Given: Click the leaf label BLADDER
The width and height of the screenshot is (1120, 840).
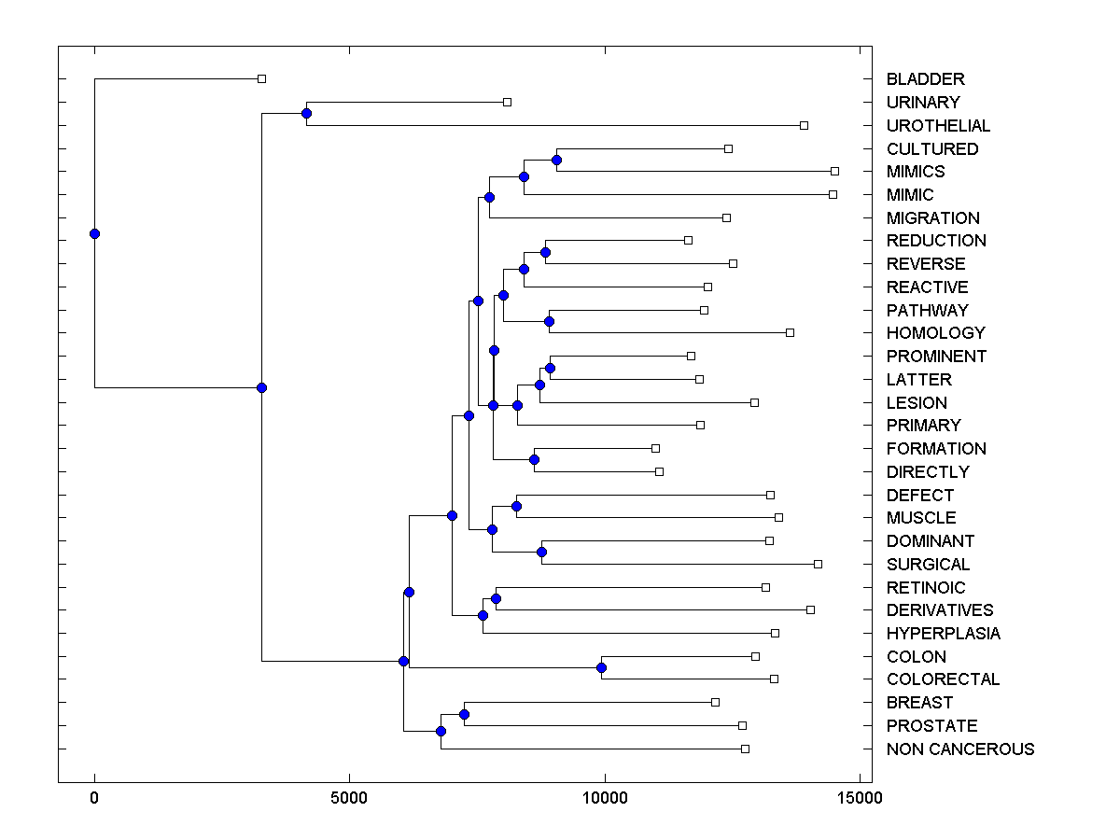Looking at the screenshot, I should tap(925, 79).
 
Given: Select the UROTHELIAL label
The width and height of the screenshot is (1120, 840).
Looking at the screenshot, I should tap(938, 125).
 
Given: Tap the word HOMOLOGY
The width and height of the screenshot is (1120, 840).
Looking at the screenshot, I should tap(935, 333).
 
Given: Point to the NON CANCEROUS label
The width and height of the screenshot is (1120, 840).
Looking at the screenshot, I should tap(960, 749).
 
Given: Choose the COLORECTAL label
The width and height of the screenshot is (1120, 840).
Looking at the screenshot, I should tap(943, 679).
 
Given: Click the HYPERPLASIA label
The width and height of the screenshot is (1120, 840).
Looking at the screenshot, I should tap(943, 634).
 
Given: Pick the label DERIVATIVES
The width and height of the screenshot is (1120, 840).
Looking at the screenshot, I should tap(940, 610).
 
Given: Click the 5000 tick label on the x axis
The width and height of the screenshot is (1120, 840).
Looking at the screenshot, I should tap(349, 798).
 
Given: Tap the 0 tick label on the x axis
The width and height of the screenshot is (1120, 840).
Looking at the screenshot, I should tap(94, 798).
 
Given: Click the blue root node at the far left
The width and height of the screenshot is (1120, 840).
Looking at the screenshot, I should tap(94, 233).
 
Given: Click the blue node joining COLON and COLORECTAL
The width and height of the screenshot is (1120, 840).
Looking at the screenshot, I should tap(601, 667).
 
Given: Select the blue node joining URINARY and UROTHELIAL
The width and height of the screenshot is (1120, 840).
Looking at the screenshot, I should tap(306, 113).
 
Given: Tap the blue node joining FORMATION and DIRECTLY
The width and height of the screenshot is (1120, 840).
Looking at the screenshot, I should tap(534, 459).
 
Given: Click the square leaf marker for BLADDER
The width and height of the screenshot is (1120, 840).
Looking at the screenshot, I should tap(261, 78).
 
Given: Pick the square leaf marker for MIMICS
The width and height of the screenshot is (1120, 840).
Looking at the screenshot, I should tap(834, 171).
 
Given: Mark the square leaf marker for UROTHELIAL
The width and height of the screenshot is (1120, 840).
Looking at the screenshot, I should tap(804, 125).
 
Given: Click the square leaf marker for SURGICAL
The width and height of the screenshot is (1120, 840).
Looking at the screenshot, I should tap(818, 564).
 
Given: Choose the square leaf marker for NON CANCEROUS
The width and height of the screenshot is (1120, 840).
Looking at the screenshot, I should tap(745, 749).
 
